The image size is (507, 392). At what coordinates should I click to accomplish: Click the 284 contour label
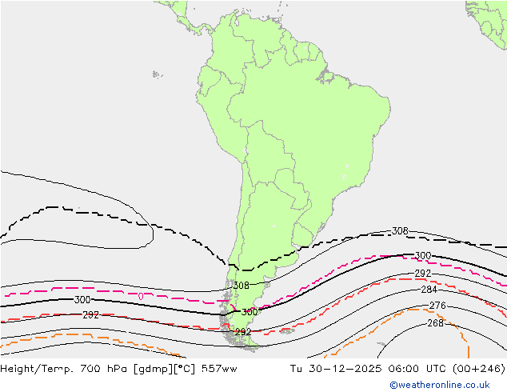coord(429,290)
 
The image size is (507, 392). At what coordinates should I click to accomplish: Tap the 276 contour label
coord(437,306)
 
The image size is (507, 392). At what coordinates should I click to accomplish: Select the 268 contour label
coord(435,323)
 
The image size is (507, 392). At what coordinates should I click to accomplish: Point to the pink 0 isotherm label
coord(141,297)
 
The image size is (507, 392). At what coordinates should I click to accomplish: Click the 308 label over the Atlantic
coord(400,231)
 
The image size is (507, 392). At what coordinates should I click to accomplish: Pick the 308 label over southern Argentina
coord(241,286)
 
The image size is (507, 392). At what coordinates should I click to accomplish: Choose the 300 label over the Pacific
coord(82,300)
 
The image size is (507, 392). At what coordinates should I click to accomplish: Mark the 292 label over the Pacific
coord(90,315)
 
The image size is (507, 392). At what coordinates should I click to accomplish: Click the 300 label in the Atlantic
coord(423,256)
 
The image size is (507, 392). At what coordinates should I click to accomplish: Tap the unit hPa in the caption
coord(110,369)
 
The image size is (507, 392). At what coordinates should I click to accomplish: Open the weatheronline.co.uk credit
coord(445,385)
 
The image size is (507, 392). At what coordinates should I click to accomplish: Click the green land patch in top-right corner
coord(488,16)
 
